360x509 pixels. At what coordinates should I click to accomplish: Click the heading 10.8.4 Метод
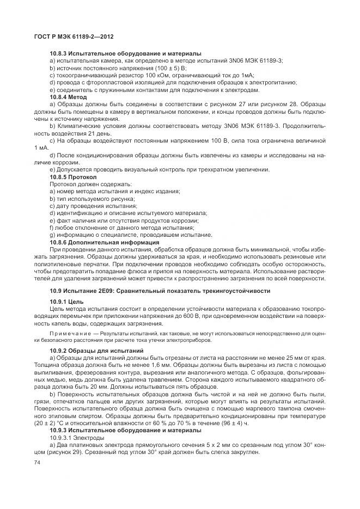(x=69, y=96)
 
